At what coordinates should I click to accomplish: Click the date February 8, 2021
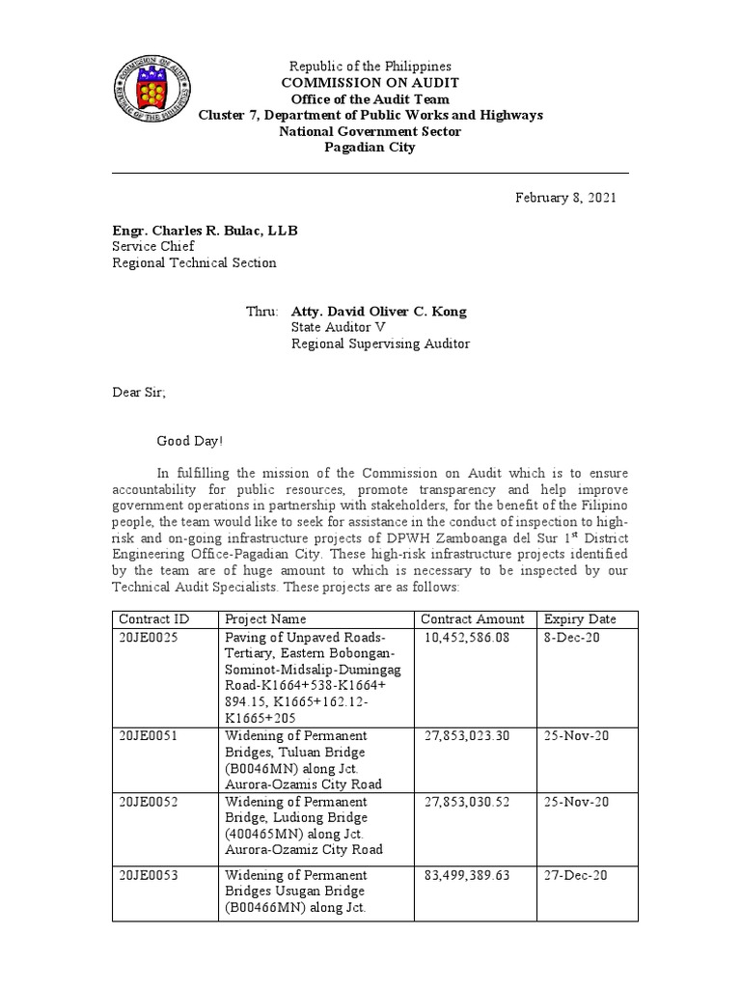564,198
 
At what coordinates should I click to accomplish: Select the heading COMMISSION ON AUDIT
370,83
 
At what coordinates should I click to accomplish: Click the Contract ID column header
152,618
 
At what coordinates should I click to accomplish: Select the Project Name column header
265,618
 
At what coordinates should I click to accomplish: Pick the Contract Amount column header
474,618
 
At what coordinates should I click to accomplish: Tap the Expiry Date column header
580,618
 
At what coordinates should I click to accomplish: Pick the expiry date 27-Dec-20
574,875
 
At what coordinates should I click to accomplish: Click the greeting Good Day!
190,441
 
